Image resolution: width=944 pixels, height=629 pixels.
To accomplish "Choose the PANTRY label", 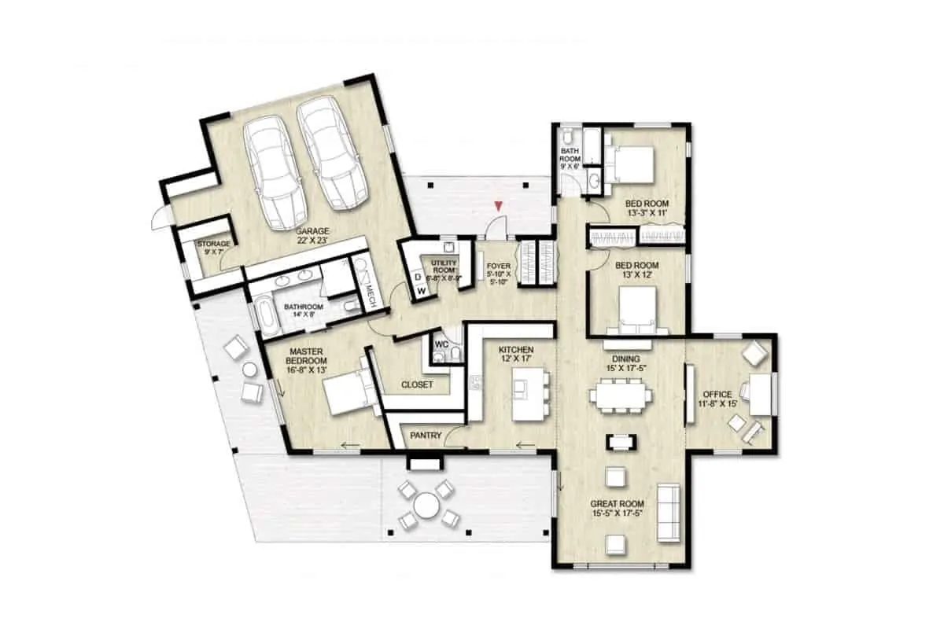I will coord(425,434).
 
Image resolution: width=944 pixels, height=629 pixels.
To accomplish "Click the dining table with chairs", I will coord(623,395).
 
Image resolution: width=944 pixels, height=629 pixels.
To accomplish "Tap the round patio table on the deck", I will coord(426,506).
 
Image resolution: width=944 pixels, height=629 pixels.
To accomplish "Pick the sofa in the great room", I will coord(669,511).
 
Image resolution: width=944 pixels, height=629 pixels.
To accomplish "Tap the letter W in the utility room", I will coord(422,291).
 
